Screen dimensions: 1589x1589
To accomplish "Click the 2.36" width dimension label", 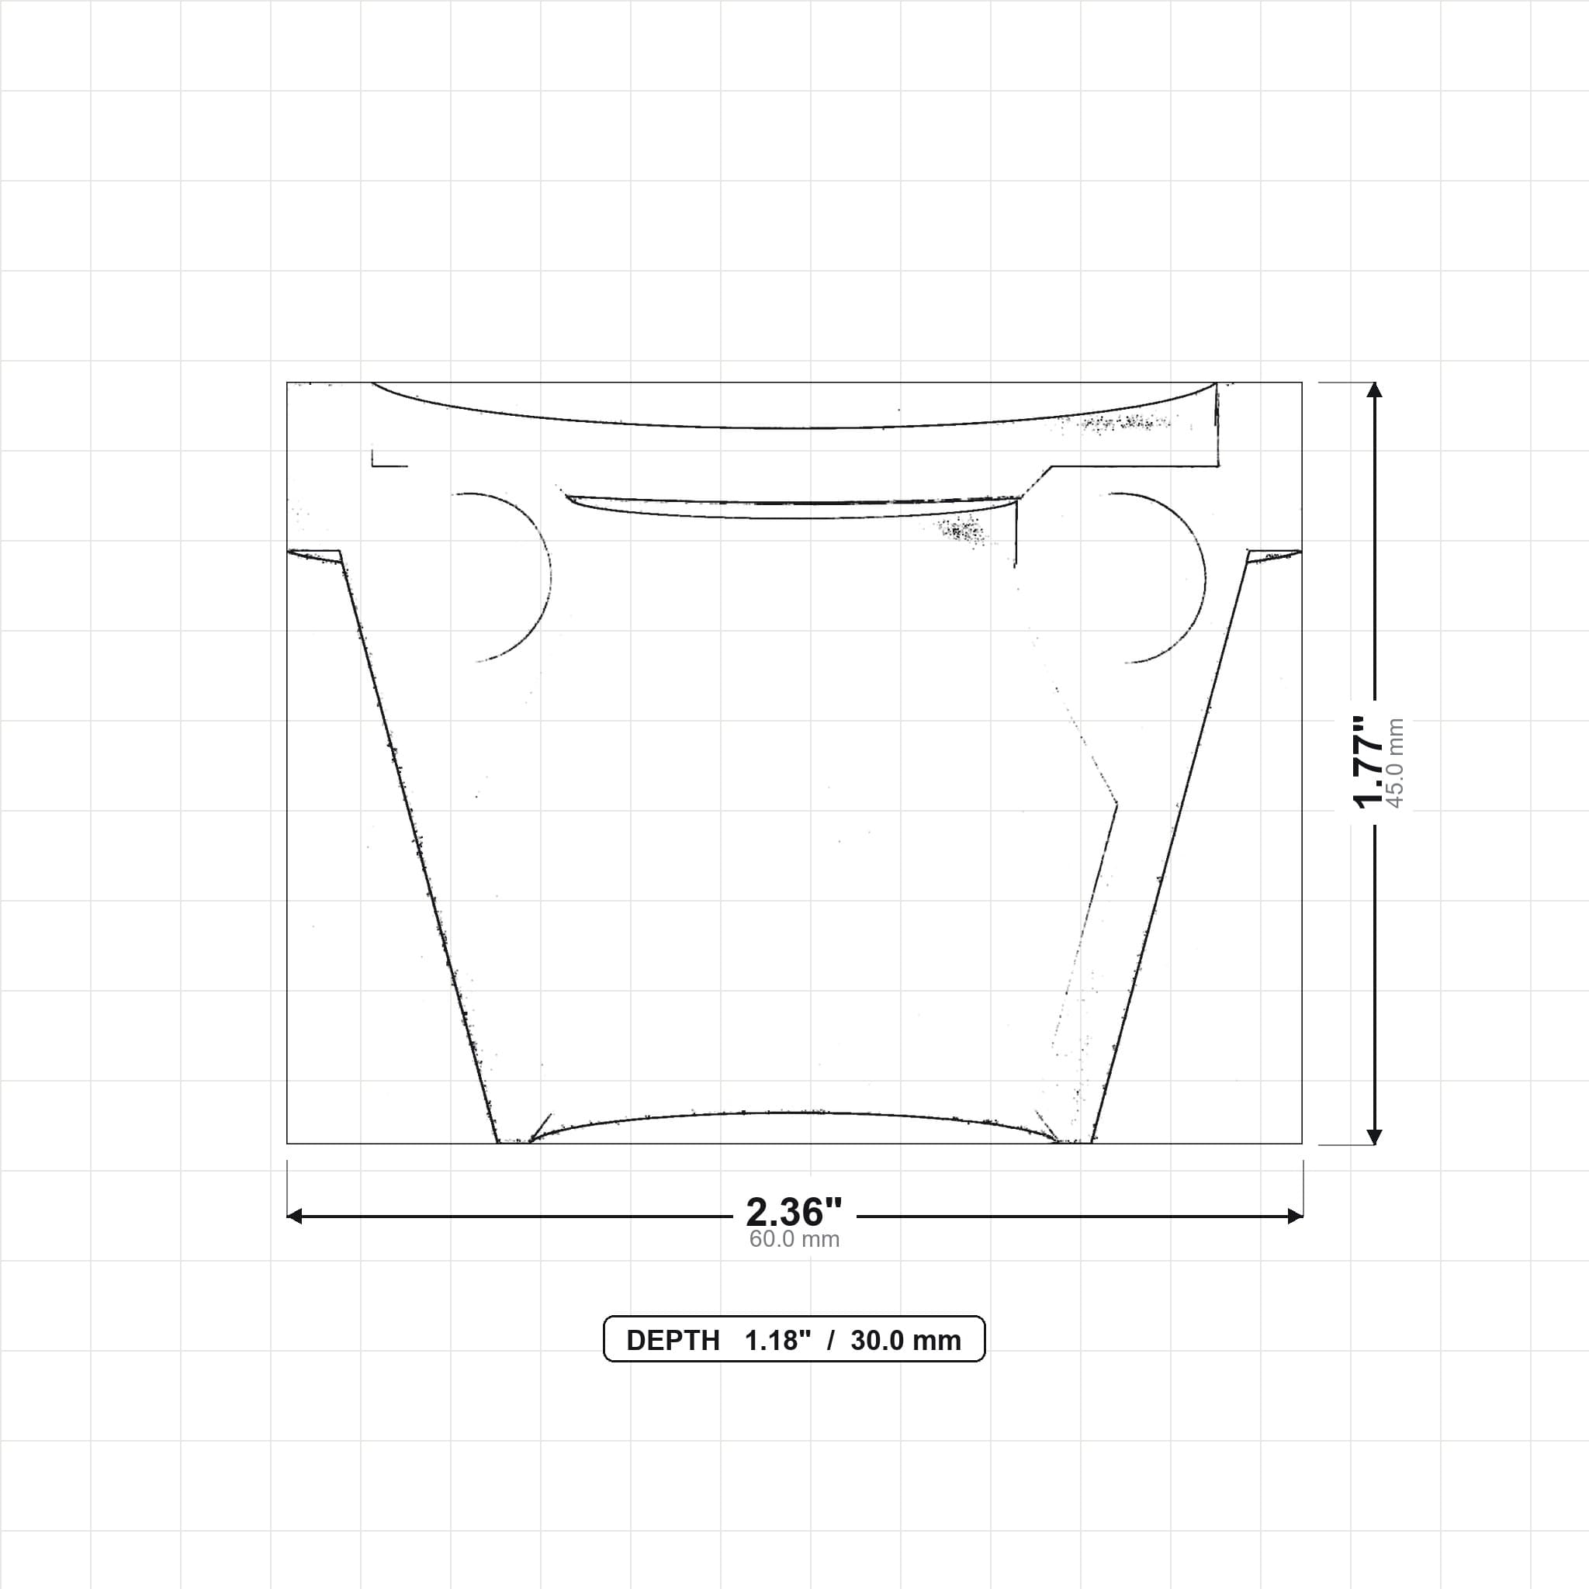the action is (x=794, y=1211).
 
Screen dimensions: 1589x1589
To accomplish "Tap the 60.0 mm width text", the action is (x=794, y=1239).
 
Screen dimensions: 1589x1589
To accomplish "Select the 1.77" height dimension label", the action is (x=1370, y=763).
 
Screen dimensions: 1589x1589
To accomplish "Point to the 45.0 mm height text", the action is (x=1395, y=763).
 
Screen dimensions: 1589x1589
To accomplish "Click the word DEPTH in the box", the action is (x=673, y=1341).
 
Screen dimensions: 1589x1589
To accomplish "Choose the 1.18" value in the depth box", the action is (x=777, y=1341).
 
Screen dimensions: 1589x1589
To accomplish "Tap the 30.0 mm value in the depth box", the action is (x=905, y=1341).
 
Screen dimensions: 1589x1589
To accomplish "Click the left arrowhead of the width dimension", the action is (x=294, y=1216).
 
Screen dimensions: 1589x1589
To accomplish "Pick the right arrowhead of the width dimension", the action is (x=1295, y=1216).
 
